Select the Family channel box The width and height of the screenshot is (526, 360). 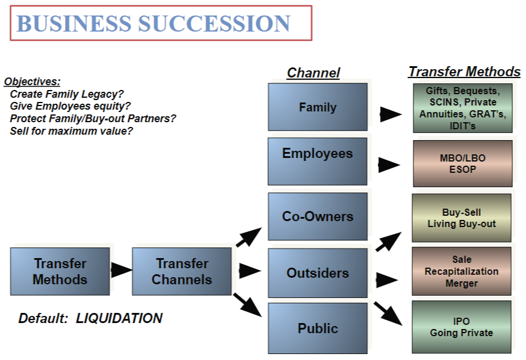pos(318,107)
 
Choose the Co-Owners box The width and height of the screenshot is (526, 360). pos(318,216)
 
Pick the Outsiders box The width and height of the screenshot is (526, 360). pos(318,273)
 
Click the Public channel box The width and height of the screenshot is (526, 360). pos(318,328)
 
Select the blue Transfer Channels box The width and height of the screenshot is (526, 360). pos(182,271)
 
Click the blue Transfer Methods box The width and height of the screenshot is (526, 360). pos(60,271)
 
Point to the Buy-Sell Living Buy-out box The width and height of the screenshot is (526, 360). pos(462,218)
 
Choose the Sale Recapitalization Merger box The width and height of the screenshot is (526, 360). pos(462,271)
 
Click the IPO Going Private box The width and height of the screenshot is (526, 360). pos(462,327)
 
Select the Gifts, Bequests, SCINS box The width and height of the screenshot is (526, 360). pos(462,108)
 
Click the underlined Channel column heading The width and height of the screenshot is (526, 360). pos(313,73)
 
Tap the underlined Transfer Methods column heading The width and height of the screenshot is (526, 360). pos(464,72)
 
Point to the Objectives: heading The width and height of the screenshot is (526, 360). pos(32,82)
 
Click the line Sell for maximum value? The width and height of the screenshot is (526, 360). pos(71,130)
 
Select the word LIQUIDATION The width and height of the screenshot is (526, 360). pos(119,318)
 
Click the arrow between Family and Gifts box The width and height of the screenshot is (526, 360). pos(390,114)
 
